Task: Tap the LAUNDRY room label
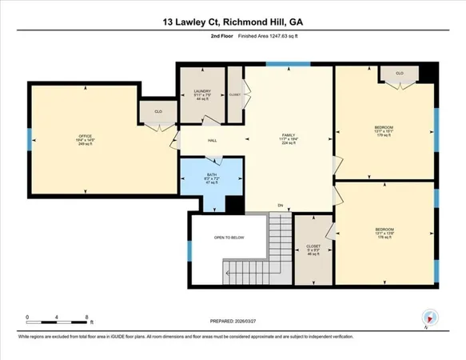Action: click(x=201, y=92)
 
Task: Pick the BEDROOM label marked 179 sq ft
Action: click(x=383, y=126)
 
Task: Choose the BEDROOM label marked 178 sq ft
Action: click(x=384, y=230)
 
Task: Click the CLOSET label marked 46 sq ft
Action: click(x=313, y=246)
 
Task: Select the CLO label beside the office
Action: click(x=158, y=111)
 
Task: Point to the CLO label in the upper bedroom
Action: click(x=399, y=72)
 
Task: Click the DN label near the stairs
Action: click(x=281, y=206)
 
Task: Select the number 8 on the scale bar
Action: click(x=86, y=317)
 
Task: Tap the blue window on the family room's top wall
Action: click(x=277, y=64)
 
